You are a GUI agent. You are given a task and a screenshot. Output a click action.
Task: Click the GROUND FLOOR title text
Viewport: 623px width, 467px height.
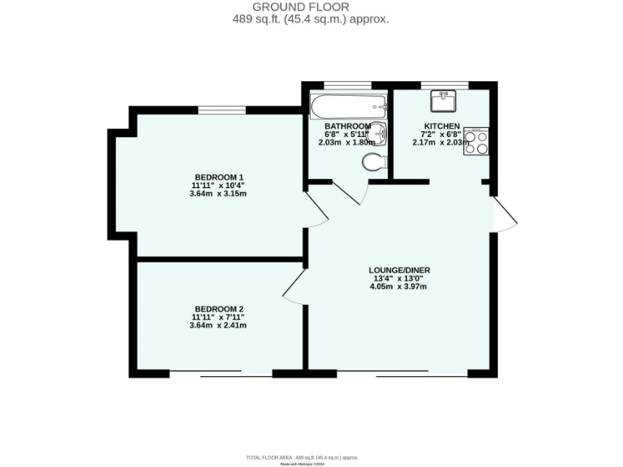(x=311, y=7)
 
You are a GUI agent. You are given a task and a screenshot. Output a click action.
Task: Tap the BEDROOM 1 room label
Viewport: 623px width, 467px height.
(x=219, y=177)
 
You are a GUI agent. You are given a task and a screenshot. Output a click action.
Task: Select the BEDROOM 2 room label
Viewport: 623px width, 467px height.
(x=219, y=309)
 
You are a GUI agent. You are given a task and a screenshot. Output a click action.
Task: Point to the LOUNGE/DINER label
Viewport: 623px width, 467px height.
(x=399, y=270)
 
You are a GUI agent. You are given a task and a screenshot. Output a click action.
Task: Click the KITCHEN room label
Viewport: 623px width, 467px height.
(x=441, y=126)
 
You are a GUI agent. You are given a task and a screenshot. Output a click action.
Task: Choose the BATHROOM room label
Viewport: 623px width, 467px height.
(x=347, y=126)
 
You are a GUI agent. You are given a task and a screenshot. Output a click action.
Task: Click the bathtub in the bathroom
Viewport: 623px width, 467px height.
(x=348, y=106)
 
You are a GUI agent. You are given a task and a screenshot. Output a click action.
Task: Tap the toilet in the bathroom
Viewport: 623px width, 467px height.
(x=374, y=162)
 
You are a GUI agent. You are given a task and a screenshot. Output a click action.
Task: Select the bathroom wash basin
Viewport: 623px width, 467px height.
(x=378, y=135)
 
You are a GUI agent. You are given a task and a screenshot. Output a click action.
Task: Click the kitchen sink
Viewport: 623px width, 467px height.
(x=445, y=101)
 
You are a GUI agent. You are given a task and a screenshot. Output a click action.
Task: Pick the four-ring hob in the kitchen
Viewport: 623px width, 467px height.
(x=476, y=142)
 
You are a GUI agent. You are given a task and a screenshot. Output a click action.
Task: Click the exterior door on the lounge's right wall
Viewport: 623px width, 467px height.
(x=505, y=214)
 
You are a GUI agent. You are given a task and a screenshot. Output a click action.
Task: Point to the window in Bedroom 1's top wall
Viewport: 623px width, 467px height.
(x=222, y=109)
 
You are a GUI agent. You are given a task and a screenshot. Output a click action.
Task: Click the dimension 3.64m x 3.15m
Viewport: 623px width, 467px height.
(x=218, y=194)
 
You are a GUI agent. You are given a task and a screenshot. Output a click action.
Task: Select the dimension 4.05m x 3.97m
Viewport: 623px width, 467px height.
(x=398, y=286)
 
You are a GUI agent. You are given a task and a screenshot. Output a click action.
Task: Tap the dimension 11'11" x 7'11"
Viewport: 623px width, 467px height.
(x=218, y=317)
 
